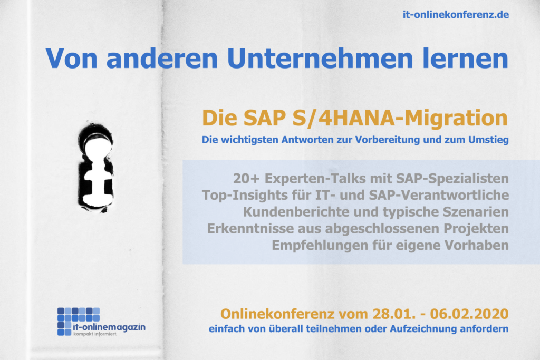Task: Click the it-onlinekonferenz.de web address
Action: click(x=456, y=15)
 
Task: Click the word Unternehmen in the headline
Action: click(x=320, y=59)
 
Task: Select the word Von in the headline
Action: click(x=72, y=59)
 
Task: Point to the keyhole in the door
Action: click(x=96, y=167)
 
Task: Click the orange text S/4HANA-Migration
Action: click(x=400, y=119)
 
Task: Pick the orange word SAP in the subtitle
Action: click(x=265, y=118)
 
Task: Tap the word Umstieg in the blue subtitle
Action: click(x=488, y=140)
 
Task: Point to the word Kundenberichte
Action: click(x=296, y=212)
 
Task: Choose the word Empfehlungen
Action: click(x=320, y=246)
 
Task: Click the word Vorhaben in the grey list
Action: click(x=477, y=246)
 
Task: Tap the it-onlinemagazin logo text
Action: click(x=109, y=327)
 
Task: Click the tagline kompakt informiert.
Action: click(x=95, y=334)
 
